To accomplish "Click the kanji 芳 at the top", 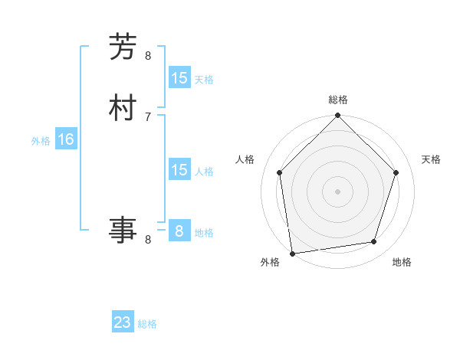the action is (x=123, y=47).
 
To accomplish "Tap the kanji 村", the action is (x=123, y=107).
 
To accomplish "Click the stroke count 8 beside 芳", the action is (x=148, y=55).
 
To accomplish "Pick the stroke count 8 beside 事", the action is (x=148, y=239).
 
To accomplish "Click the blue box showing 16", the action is (x=66, y=139).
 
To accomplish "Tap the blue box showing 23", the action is (x=123, y=322).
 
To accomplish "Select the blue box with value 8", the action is (x=179, y=231).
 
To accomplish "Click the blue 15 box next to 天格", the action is (x=179, y=78).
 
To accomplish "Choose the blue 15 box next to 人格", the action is (x=179, y=170).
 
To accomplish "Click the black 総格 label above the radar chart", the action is (x=337, y=100).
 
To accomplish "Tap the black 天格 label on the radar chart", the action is (x=431, y=159).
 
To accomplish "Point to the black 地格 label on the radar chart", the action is (x=402, y=262).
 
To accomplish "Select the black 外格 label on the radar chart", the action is (x=270, y=262).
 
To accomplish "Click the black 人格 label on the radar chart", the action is (x=245, y=159).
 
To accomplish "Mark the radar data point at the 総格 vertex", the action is (x=337, y=116).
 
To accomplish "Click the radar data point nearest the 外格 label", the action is (x=292, y=252).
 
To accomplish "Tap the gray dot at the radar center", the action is (x=337, y=191).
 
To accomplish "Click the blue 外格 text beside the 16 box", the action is (x=40, y=141).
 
